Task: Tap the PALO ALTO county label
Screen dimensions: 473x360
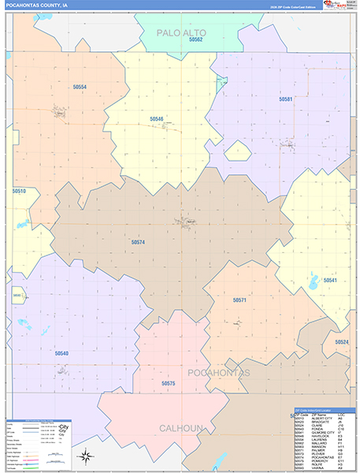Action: [180, 32]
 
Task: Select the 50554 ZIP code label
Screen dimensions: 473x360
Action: [80, 87]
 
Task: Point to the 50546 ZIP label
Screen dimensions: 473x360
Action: [157, 119]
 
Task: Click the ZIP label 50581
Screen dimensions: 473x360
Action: [285, 99]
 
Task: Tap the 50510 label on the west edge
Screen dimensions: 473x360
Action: [19, 191]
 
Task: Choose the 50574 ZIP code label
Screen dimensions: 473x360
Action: [139, 242]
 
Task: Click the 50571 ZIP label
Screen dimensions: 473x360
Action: [240, 300]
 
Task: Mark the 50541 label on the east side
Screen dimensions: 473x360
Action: [329, 281]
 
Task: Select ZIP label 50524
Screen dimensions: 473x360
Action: [341, 342]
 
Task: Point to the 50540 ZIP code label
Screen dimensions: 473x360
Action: [61, 353]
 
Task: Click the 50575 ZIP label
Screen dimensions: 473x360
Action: [168, 383]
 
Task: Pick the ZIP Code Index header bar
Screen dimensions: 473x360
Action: [324, 411]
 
